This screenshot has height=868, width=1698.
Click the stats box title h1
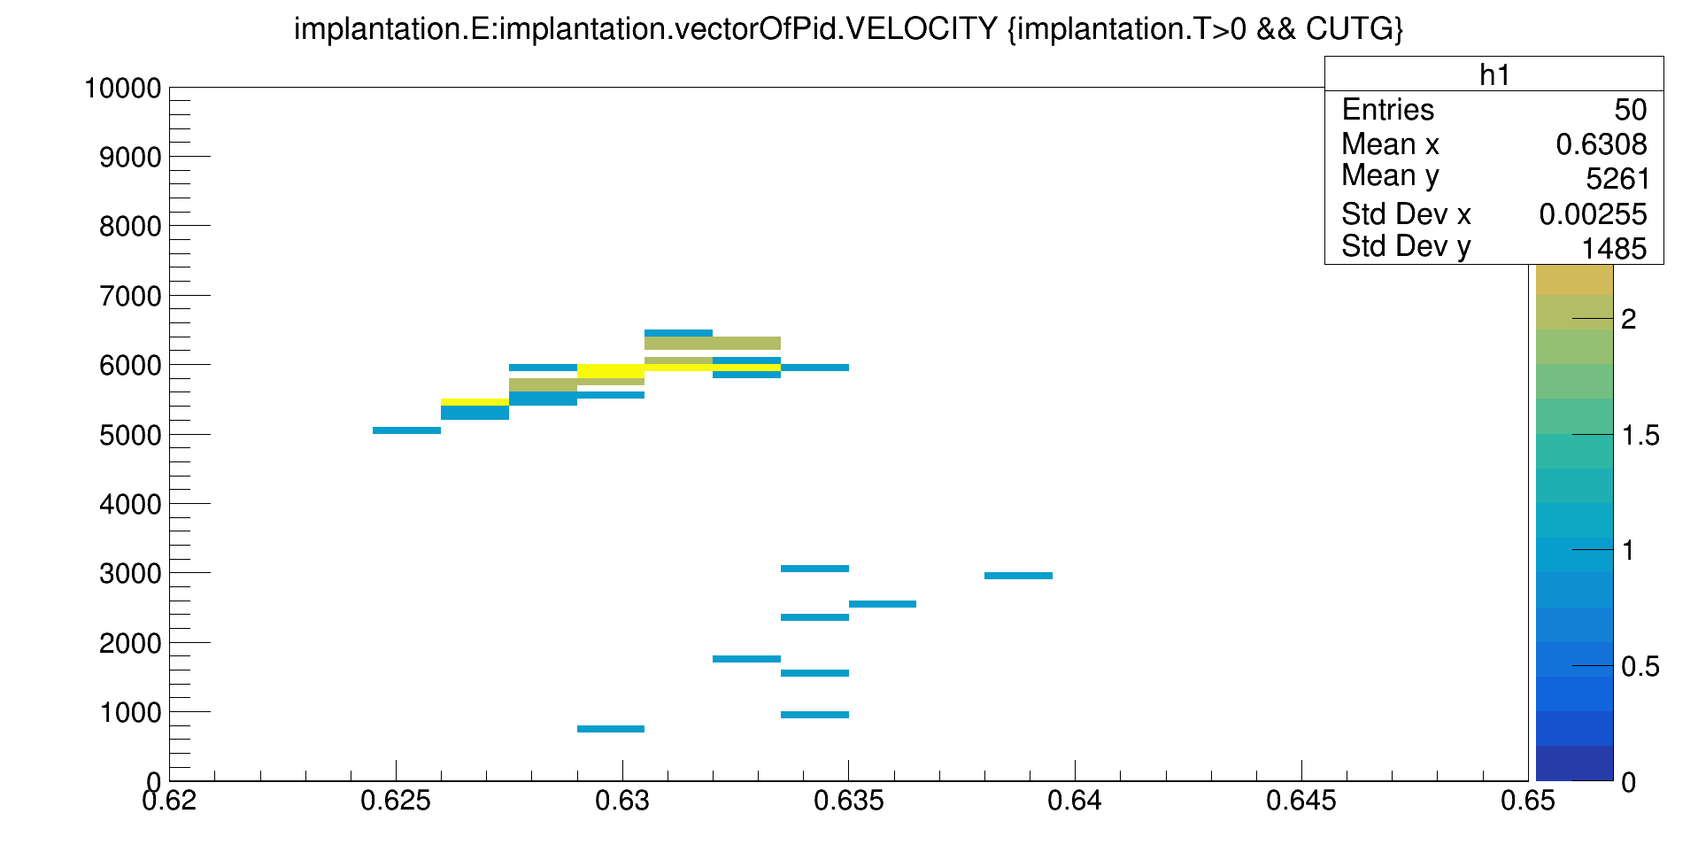(1494, 74)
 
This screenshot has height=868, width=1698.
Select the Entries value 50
(1630, 110)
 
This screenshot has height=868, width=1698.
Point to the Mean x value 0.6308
(1601, 144)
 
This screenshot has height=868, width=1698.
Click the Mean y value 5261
(1617, 179)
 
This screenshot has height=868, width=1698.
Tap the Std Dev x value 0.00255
(1593, 214)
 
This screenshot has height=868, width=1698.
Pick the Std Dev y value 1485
(1614, 249)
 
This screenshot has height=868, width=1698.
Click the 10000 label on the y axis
(122, 89)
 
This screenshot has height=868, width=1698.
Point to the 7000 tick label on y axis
(131, 296)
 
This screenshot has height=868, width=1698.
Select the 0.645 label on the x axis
(1301, 802)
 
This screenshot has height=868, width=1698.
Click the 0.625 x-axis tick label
(396, 802)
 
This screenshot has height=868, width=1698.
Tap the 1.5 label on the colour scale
(1640, 435)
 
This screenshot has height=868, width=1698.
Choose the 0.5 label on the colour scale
(1640, 666)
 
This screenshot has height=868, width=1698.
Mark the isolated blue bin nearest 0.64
(1018, 576)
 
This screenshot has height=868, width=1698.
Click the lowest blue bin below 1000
(611, 729)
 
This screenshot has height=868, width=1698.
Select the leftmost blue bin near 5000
(406, 430)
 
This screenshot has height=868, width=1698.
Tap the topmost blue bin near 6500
(678, 333)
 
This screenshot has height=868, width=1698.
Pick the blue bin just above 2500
(883, 604)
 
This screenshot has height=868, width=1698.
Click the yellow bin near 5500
(475, 402)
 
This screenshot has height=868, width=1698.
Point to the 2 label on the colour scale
(1628, 319)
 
